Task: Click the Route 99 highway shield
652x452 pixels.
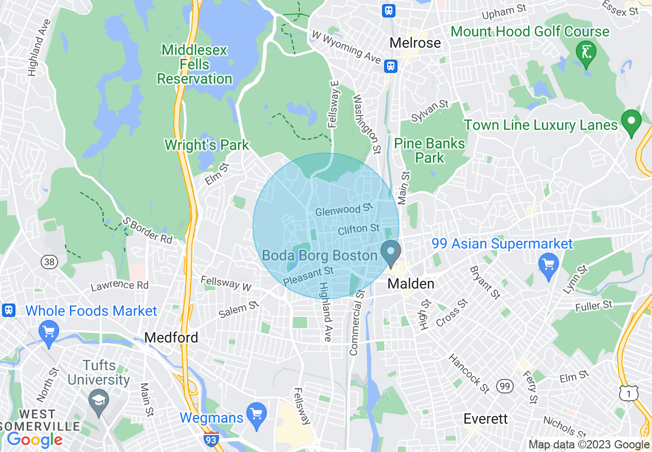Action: pos(504,385)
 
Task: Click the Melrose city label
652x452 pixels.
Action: pos(415,43)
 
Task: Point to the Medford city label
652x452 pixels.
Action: pos(171,337)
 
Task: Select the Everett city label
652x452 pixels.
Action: pos(485,419)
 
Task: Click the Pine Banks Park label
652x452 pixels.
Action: pos(429,150)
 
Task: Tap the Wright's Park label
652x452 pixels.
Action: pos(207,145)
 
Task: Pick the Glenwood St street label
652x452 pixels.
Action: pos(343,210)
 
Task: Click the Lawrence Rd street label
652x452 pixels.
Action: pos(120,286)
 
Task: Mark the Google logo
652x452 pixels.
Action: pos(34,440)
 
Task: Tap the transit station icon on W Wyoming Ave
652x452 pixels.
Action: pos(391,66)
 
